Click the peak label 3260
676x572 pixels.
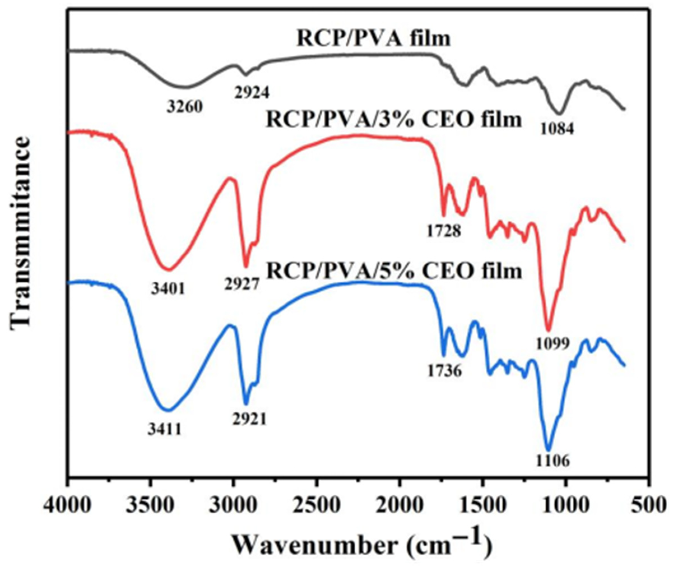pos(185,106)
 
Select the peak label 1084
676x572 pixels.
pos(557,129)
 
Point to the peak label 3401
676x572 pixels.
pos(168,289)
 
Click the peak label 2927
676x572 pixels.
pos(242,284)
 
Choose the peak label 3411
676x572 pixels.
pos(164,430)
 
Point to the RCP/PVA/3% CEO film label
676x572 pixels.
pos(394,120)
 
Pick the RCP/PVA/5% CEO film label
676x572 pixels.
pos(394,271)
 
